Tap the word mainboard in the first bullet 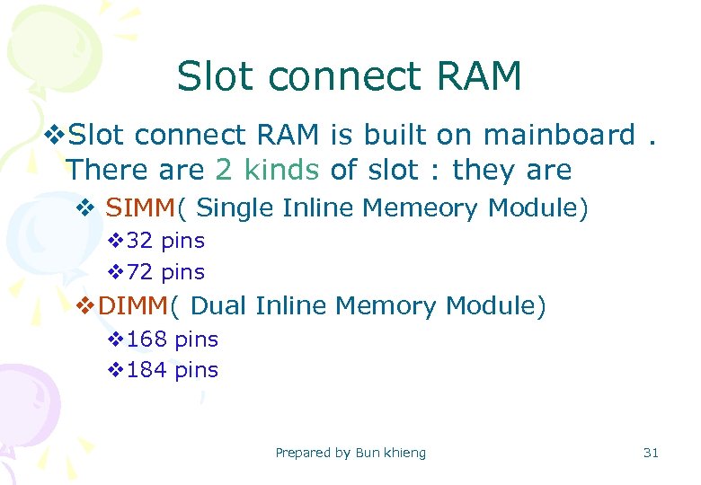coord(559,136)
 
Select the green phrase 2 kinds coord(267,169)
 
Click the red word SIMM coord(141,208)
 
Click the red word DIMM coord(133,306)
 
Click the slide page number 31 coord(651,453)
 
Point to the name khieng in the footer coord(405,453)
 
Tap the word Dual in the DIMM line coord(220,306)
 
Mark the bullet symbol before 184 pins coord(114,370)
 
